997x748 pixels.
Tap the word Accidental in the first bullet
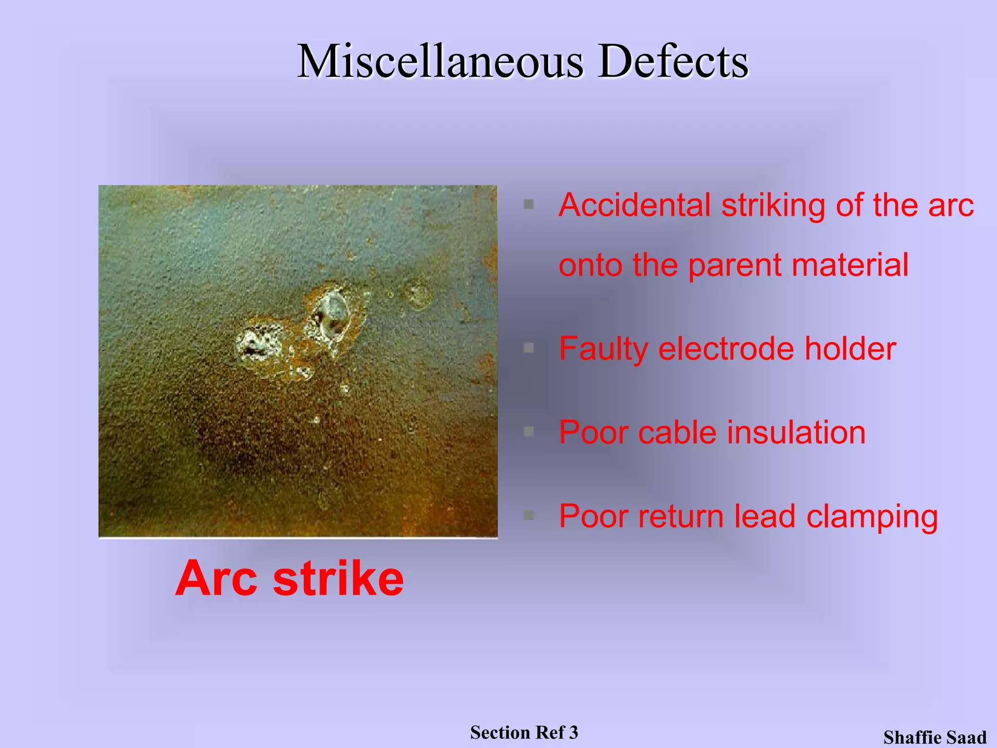point(634,205)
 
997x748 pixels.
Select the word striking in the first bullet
point(773,205)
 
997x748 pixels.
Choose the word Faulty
point(603,349)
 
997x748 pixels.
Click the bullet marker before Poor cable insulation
point(529,431)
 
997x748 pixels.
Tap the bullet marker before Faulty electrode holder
point(529,348)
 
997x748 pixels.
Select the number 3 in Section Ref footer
point(573,732)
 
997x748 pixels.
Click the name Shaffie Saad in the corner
point(935,737)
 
